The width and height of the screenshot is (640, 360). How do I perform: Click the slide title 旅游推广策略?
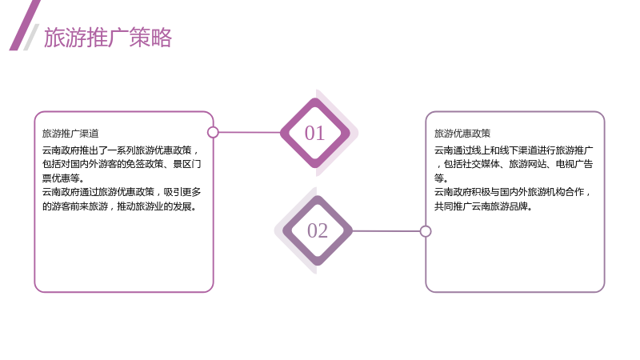point(108,38)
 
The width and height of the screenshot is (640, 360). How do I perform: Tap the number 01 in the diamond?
point(314,133)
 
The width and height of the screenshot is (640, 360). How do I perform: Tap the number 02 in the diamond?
point(318,230)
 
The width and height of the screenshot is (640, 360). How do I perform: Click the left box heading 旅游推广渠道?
point(70,134)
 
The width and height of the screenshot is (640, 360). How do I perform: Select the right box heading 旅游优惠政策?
point(462,134)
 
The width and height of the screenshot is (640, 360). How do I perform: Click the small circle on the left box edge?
point(213,132)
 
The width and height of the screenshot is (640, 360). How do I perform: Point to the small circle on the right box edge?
point(426,231)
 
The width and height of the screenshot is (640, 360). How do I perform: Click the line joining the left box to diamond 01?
point(250,132)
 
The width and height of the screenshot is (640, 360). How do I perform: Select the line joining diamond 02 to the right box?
point(386,231)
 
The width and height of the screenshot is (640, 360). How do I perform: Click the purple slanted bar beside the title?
point(25,26)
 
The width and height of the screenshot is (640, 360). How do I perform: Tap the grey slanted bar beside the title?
point(31,37)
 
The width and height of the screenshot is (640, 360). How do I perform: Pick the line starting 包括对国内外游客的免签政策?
point(122,164)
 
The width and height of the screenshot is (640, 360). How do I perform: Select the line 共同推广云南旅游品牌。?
point(484,206)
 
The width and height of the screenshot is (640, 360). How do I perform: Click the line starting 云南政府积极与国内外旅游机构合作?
point(513,192)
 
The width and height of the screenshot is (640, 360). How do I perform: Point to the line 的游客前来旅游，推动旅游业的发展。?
point(120,206)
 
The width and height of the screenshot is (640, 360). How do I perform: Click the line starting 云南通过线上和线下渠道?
point(514,150)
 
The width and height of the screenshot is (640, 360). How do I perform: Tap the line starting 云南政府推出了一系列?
point(121,150)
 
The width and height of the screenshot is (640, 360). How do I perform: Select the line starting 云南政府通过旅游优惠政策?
point(122,192)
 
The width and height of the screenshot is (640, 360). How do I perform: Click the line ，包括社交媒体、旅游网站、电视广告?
point(514,164)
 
